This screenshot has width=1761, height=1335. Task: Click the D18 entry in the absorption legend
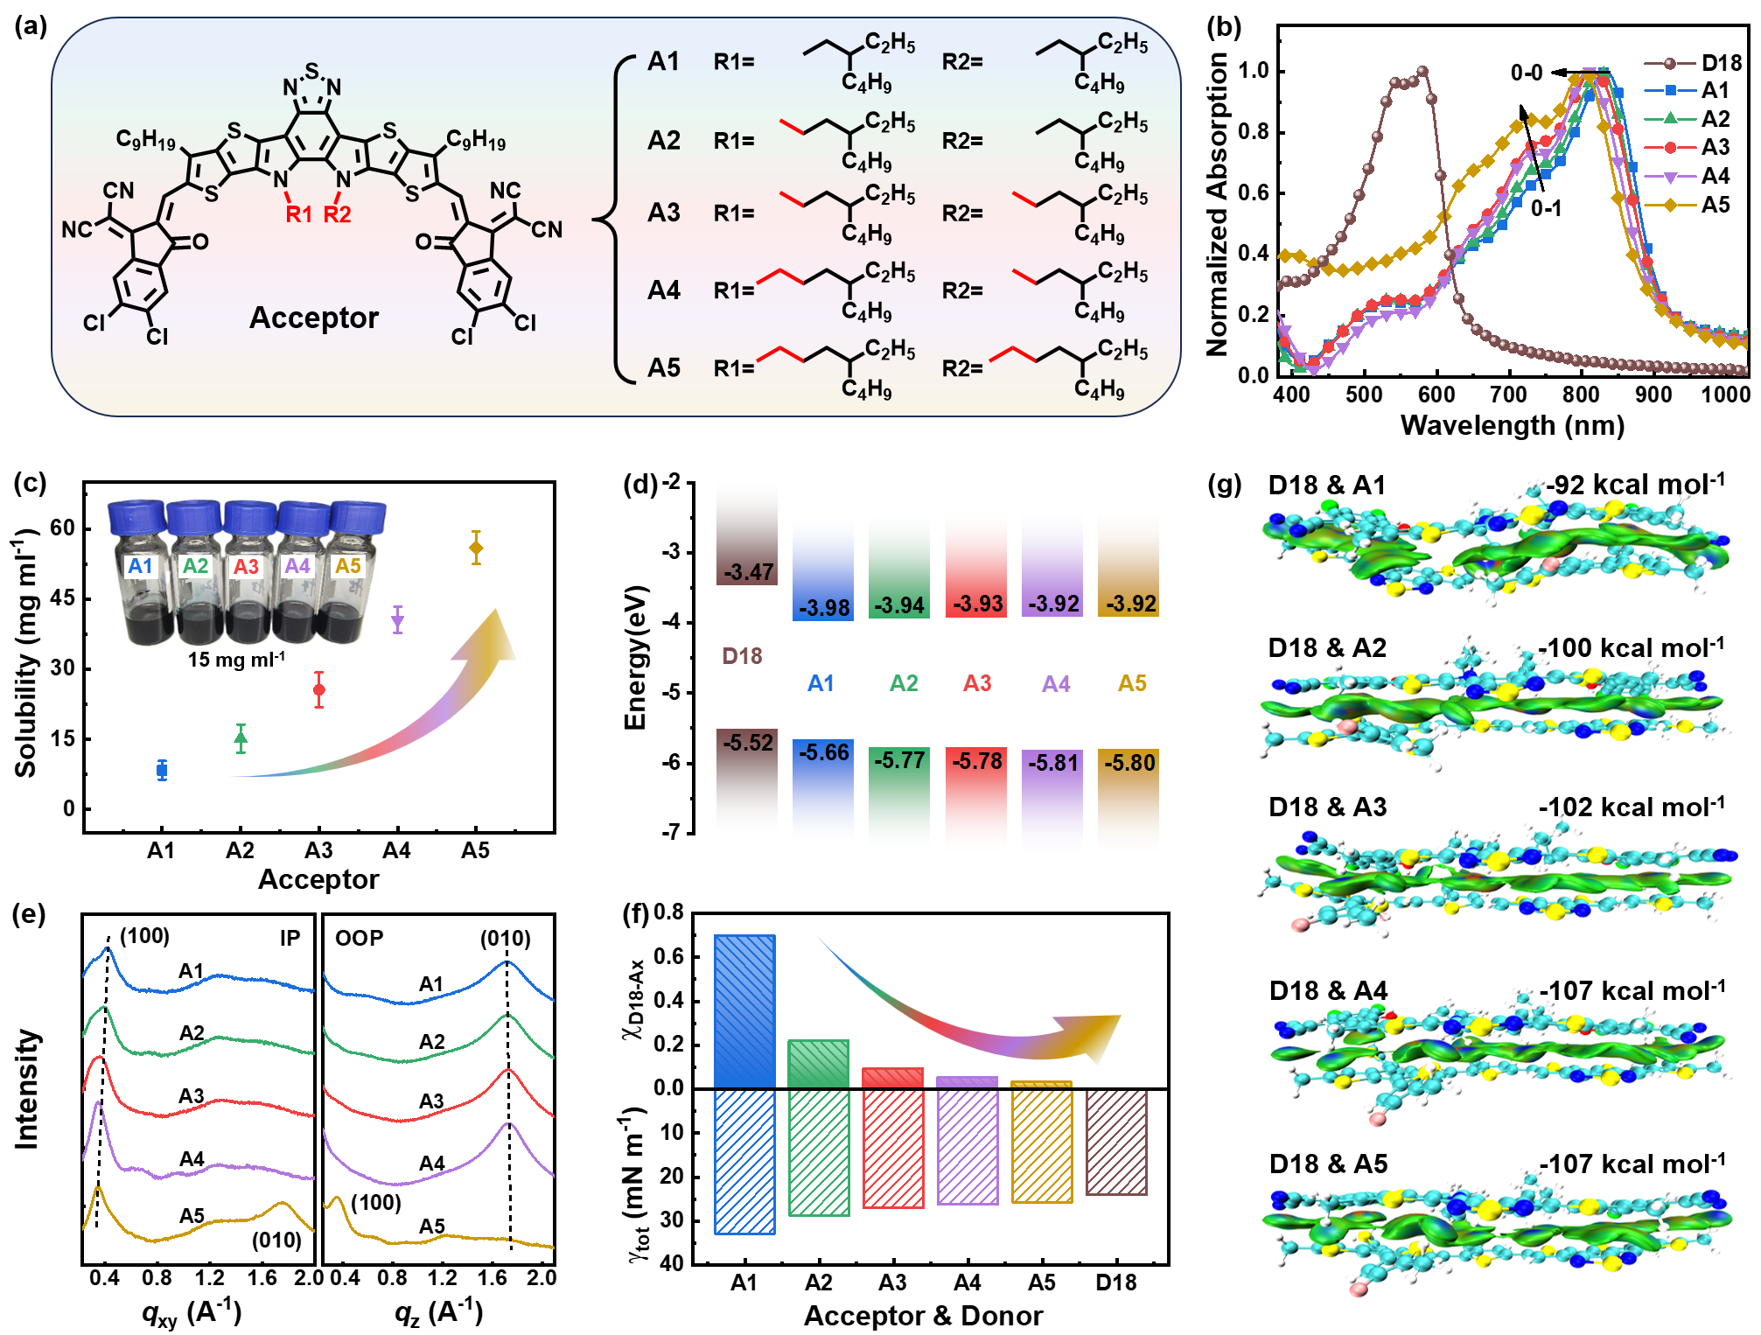1721,63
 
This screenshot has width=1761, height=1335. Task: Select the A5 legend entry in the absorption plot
1716,205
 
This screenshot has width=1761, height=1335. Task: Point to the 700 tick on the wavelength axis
1508,395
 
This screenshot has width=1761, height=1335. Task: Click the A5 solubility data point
476,549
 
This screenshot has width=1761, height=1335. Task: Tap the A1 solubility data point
162,770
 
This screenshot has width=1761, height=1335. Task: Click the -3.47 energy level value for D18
748,572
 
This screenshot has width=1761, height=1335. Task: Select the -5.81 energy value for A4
1053,763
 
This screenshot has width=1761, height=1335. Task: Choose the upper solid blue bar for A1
744,1011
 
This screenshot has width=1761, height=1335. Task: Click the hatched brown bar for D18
1116,1141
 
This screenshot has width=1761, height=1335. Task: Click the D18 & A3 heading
1327,807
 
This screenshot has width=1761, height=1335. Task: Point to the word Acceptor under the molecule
314,318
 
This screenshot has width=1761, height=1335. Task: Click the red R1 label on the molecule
298,214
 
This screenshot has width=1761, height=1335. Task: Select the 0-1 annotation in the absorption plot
1546,208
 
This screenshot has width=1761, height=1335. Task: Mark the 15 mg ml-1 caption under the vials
236,659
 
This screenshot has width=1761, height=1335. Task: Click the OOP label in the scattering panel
359,938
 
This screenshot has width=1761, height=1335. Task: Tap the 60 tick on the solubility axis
62,528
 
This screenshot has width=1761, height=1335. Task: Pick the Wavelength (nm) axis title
1512,425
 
